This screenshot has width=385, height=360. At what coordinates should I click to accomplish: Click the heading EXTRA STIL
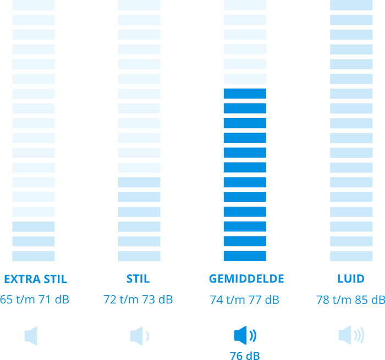click(x=35, y=279)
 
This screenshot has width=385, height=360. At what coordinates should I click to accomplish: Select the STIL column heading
click(x=138, y=279)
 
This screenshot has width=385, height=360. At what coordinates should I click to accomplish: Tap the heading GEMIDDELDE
click(x=246, y=279)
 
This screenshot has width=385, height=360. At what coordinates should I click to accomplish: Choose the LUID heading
click(x=351, y=279)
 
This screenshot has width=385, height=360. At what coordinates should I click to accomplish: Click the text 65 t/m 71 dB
click(x=34, y=300)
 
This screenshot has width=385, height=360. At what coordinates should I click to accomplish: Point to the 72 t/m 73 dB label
click(x=138, y=300)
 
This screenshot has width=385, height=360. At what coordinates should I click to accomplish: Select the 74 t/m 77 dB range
click(x=245, y=300)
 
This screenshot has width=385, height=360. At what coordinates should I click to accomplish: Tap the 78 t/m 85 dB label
click(x=350, y=300)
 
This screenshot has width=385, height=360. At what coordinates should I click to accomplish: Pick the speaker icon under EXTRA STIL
click(x=31, y=335)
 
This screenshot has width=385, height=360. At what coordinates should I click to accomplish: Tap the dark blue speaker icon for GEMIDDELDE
click(x=245, y=335)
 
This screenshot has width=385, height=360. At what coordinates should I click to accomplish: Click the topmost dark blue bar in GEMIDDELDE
click(x=245, y=93)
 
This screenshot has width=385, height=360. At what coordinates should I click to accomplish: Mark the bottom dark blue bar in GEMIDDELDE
click(x=245, y=256)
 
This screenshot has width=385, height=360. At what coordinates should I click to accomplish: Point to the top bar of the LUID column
click(x=351, y=5)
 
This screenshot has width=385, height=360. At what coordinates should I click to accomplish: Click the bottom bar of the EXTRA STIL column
click(x=33, y=256)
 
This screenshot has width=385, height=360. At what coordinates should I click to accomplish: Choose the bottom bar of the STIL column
click(x=139, y=256)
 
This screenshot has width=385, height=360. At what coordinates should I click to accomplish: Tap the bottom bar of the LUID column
click(x=351, y=256)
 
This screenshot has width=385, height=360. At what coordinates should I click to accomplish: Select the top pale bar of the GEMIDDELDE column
click(x=245, y=5)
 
